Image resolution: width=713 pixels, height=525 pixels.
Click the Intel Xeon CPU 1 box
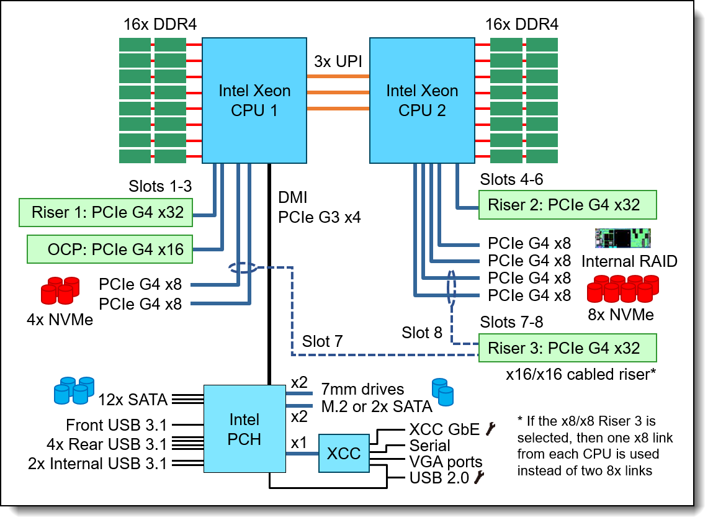(254, 101)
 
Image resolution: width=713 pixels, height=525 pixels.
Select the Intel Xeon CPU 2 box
(422, 101)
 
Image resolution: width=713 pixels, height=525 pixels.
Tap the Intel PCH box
(244, 429)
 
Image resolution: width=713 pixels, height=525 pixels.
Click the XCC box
(344, 453)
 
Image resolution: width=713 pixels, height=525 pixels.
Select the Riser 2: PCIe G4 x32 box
(567, 204)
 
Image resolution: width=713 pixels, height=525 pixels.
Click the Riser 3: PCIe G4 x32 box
(567, 347)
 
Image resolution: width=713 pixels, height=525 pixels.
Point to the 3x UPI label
(338, 62)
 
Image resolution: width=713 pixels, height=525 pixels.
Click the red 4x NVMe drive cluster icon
(60, 290)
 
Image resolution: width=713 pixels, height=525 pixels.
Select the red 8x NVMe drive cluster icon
(623, 287)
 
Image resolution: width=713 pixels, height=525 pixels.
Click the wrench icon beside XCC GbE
(491, 429)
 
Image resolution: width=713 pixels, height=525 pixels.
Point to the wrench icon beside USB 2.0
(479, 477)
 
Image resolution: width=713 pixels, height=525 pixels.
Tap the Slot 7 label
(323, 341)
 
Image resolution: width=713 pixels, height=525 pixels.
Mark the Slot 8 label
(422, 333)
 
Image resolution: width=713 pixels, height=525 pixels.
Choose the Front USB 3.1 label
(116, 426)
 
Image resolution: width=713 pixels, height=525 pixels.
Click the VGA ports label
(446, 462)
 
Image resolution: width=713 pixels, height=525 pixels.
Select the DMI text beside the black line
(293, 199)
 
